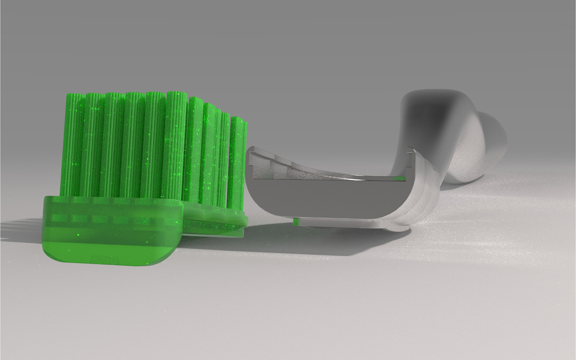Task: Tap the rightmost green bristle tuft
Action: pyautogui.click(x=239, y=160)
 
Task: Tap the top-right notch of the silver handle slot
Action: pyautogui.click(x=410, y=151)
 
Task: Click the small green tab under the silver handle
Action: pyautogui.click(x=296, y=221)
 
